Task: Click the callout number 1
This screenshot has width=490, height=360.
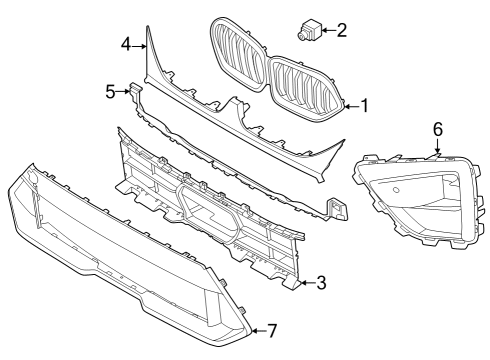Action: (x=364, y=105)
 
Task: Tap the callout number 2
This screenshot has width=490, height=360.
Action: (x=342, y=30)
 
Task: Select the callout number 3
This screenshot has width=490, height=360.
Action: (x=320, y=284)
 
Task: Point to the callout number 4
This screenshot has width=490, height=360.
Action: (x=127, y=44)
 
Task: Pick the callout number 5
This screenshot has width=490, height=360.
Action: (x=111, y=91)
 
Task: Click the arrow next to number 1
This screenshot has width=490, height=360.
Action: (x=350, y=105)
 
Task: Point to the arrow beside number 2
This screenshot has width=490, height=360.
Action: (x=325, y=30)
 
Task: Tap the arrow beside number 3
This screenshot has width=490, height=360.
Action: (x=304, y=284)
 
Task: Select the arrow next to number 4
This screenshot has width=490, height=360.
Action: (x=141, y=45)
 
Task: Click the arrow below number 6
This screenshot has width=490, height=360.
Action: (x=437, y=147)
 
